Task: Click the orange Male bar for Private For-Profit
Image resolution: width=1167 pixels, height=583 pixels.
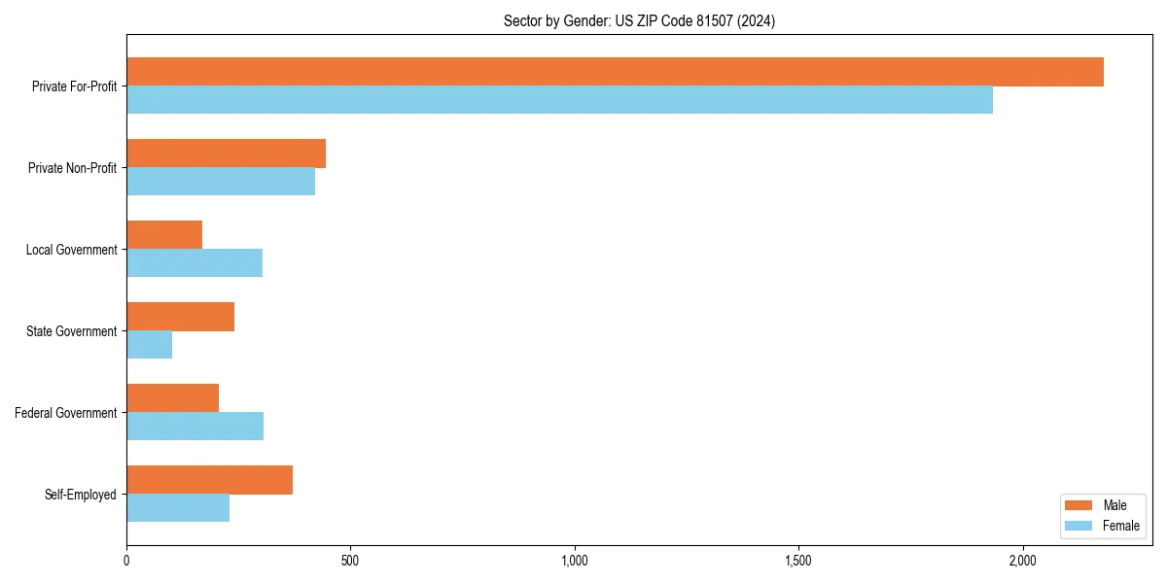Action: pos(615,72)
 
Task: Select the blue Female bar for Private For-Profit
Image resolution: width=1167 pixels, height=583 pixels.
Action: pos(559,100)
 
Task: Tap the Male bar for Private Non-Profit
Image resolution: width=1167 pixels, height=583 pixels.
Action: pos(226,154)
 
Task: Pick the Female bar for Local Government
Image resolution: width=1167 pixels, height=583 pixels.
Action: pos(194,263)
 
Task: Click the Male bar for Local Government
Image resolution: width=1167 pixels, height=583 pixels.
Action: pos(164,235)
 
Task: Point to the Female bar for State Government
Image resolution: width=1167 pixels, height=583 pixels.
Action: pos(149,345)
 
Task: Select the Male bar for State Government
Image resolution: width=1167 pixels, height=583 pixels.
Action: pos(180,317)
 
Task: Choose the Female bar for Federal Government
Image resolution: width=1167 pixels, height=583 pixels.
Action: pos(194,427)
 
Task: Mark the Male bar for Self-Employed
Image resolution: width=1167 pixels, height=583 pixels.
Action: pos(209,480)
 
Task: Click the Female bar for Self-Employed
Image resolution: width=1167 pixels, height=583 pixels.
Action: pos(178,508)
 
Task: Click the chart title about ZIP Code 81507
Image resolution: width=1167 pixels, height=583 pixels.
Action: pos(639,20)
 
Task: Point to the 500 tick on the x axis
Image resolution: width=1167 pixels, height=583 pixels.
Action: pos(350,562)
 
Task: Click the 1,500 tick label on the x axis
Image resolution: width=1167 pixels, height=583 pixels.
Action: pos(798,562)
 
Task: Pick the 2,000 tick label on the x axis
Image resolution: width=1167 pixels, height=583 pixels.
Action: pos(1022,562)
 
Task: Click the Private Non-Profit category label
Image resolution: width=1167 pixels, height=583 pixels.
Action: pos(72,168)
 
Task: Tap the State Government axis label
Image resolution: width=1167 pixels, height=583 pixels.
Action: pos(71,331)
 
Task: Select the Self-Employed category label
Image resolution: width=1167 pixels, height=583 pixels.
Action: pos(80,495)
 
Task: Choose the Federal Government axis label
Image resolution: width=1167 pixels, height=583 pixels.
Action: pos(65,413)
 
